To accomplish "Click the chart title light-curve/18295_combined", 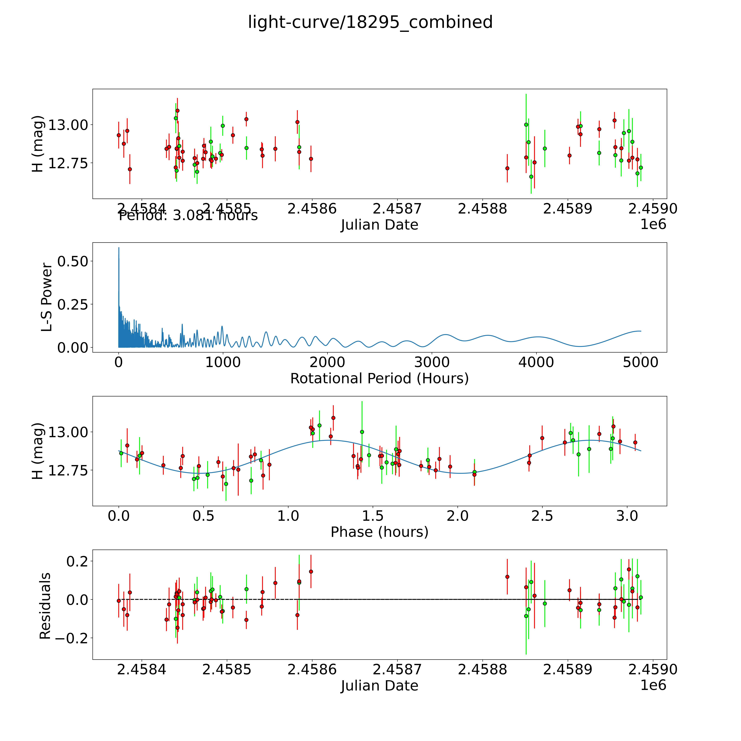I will (370, 22).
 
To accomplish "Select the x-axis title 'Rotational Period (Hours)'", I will (379, 379).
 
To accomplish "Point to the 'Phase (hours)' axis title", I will (379, 532).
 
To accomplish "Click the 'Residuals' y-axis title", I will (45, 606).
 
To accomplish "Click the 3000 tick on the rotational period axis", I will (432, 362).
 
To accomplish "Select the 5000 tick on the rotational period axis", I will (641, 362).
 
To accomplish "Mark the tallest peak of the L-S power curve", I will (119, 248).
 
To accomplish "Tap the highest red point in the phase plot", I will (333, 418).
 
